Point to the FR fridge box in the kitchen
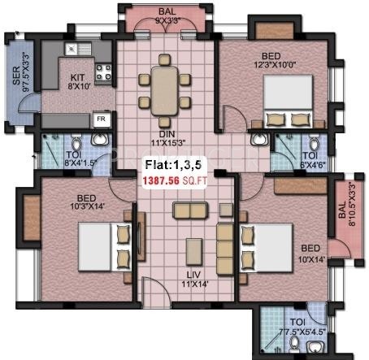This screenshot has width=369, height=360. (102, 119)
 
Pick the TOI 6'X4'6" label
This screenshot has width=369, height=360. (310, 159)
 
